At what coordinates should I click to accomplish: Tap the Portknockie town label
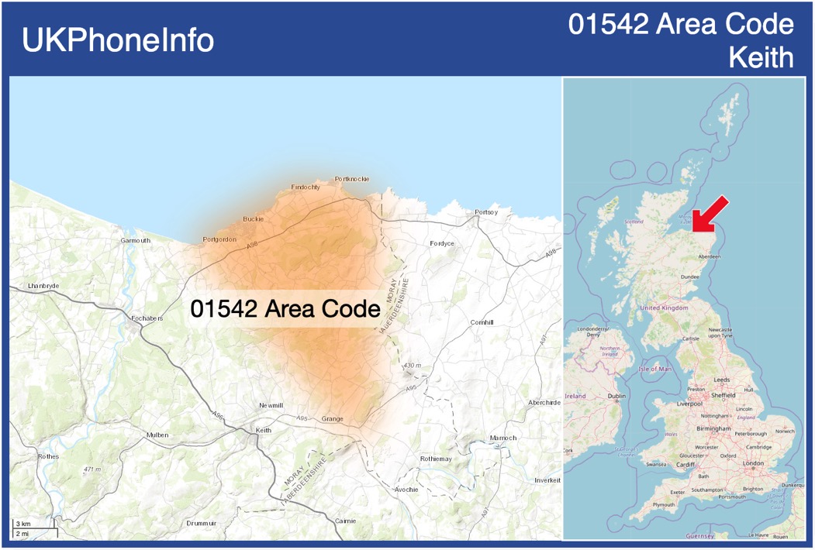point(352,179)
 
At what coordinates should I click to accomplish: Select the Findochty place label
point(306,187)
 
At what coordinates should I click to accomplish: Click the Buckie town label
point(254,219)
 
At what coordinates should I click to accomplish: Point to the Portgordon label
point(219,239)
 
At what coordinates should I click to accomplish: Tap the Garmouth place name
point(136,241)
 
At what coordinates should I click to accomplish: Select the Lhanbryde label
point(43,287)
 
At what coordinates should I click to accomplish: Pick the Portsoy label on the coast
point(486,212)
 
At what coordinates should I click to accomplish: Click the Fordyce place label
point(442,244)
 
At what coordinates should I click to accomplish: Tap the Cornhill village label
point(482,322)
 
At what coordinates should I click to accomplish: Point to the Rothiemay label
point(435,459)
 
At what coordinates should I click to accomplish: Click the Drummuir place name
point(202,523)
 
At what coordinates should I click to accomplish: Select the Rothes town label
point(48,457)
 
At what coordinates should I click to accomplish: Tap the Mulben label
point(157,435)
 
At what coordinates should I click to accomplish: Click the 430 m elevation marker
point(413,366)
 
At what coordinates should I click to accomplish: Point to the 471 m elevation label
point(94,469)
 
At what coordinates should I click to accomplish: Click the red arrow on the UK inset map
point(710,214)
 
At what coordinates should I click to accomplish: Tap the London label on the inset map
point(754,463)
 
